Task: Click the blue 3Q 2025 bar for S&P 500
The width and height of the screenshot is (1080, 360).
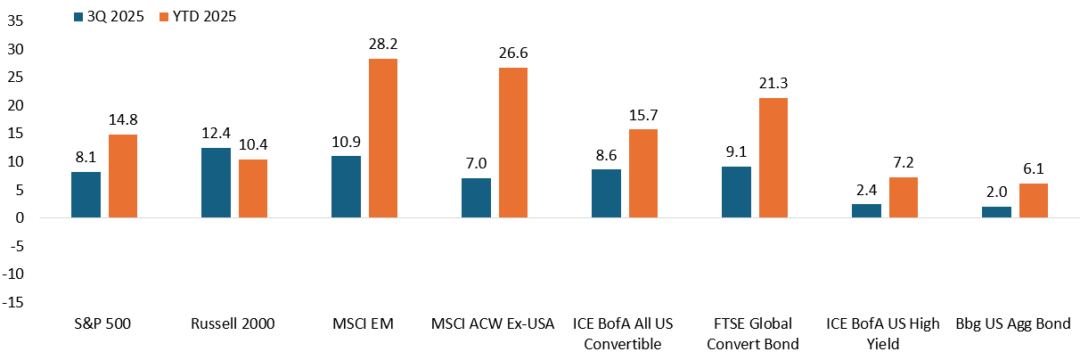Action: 86,195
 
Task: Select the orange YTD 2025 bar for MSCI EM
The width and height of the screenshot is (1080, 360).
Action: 382,138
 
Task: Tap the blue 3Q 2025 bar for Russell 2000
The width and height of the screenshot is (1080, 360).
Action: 216,183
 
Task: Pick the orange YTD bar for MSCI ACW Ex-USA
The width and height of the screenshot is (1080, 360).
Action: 512,143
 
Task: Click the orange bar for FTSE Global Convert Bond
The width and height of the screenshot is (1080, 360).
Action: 773,158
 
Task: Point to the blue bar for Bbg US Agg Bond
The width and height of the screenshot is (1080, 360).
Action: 996,212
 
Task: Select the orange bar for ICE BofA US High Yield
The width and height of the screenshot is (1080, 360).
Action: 903,198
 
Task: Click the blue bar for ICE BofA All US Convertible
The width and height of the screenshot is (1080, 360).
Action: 606,193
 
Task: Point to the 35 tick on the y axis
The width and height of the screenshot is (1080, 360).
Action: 14,20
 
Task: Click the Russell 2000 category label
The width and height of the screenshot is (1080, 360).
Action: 231,324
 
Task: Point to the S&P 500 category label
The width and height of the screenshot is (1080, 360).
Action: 101,324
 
